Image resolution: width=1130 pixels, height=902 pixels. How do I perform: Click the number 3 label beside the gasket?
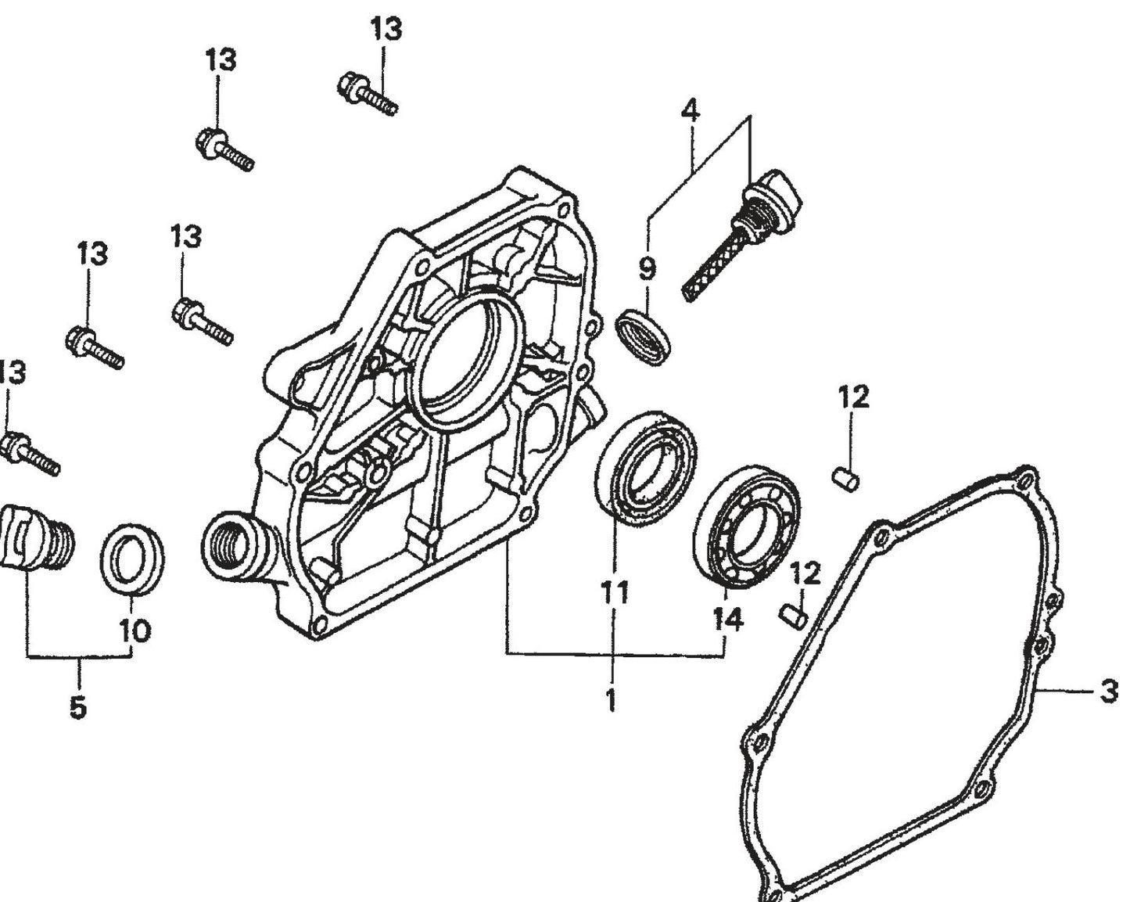point(1108,692)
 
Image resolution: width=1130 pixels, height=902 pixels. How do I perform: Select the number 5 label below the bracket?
point(77,706)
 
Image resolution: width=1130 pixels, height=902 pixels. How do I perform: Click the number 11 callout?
point(615,592)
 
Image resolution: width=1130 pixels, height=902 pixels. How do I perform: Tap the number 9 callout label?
point(647,269)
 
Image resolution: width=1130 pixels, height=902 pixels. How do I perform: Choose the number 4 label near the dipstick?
point(690,110)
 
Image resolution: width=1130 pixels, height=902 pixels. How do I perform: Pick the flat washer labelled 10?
point(132,559)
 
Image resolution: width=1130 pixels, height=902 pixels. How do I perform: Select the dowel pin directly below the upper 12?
point(846,477)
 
